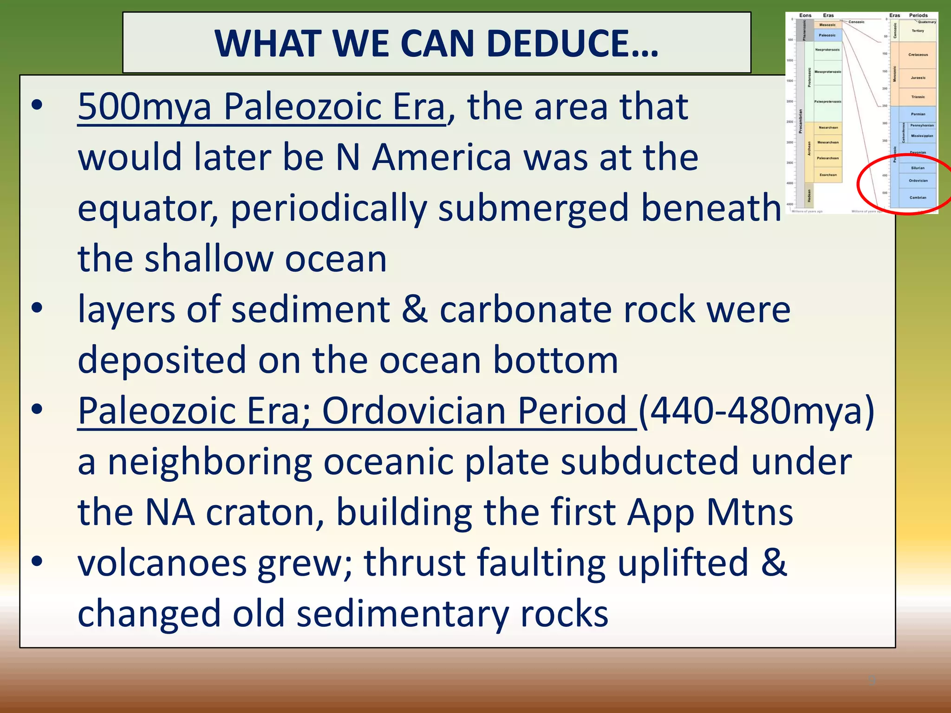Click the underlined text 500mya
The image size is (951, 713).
point(144,107)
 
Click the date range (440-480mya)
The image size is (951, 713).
point(756,411)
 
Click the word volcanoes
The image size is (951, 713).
point(162,563)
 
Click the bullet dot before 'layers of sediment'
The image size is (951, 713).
point(37,308)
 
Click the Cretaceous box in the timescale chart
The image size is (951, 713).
point(918,55)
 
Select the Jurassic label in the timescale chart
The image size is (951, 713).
point(918,78)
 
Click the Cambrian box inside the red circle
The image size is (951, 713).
point(918,197)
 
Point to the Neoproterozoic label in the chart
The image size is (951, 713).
point(827,50)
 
